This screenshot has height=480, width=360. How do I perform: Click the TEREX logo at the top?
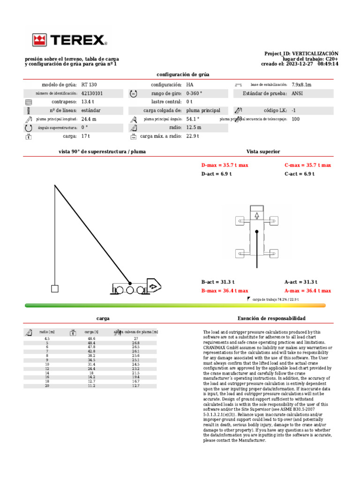(x=69, y=40)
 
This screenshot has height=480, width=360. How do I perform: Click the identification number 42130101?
(x=92, y=93)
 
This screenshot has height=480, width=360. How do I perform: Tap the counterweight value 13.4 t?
(x=88, y=102)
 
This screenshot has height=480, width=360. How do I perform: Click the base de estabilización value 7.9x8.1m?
(x=301, y=85)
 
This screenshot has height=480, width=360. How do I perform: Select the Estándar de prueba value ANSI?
(x=297, y=93)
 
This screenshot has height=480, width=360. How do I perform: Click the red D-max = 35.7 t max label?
(x=225, y=165)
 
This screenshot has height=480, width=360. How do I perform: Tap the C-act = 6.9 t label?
(x=299, y=174)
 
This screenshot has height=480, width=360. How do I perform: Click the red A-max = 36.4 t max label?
(x=307, y=291)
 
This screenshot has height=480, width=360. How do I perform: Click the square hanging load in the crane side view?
(x=55, y=289)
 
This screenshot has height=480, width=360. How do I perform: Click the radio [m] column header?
(x=47, y=332)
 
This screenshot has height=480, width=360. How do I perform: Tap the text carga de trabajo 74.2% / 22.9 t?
(x=276, y=299)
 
